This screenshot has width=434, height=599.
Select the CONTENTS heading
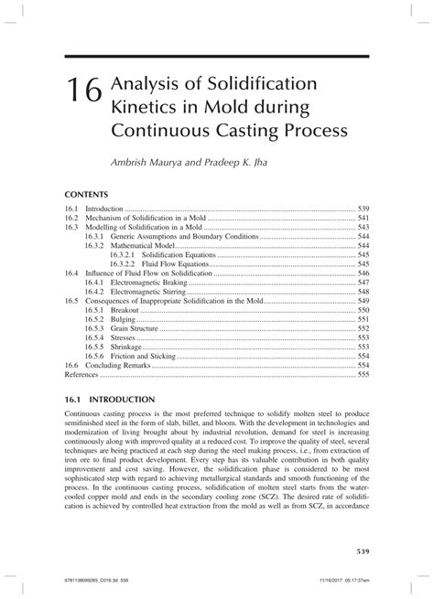87,194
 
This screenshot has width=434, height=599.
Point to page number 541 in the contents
363,219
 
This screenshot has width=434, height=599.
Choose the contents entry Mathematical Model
147,246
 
